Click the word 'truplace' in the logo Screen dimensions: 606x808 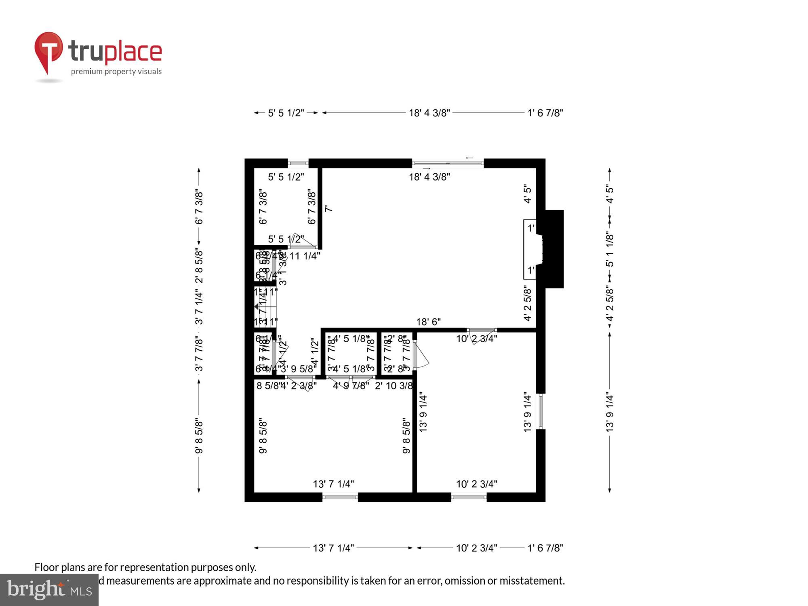click(x=115, y=52)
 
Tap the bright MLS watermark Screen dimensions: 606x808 click(x=49, y=590)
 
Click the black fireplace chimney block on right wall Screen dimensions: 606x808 click(x=554, y=249)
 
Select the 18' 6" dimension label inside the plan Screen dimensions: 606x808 click(x=428, y=322)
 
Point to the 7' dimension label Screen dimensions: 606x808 click(x=328, y=208)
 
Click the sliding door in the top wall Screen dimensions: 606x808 click(x=448, y=163)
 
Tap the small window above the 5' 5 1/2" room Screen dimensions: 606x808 click(x=298, y=163)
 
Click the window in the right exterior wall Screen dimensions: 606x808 click(x=540, y=411)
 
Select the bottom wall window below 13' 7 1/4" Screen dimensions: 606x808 click(x=340, y=497)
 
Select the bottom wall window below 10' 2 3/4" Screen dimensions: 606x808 click(x=469, y=497)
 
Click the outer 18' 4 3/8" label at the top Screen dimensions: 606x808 click(x=429, y=113)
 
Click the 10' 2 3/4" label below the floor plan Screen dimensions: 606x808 click(x=476, y=548)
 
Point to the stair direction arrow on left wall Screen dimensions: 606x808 click(x=257, y=307)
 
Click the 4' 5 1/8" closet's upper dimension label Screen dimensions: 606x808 click(x=351, y=339)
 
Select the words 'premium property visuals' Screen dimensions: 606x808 click(x=116, y=72)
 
